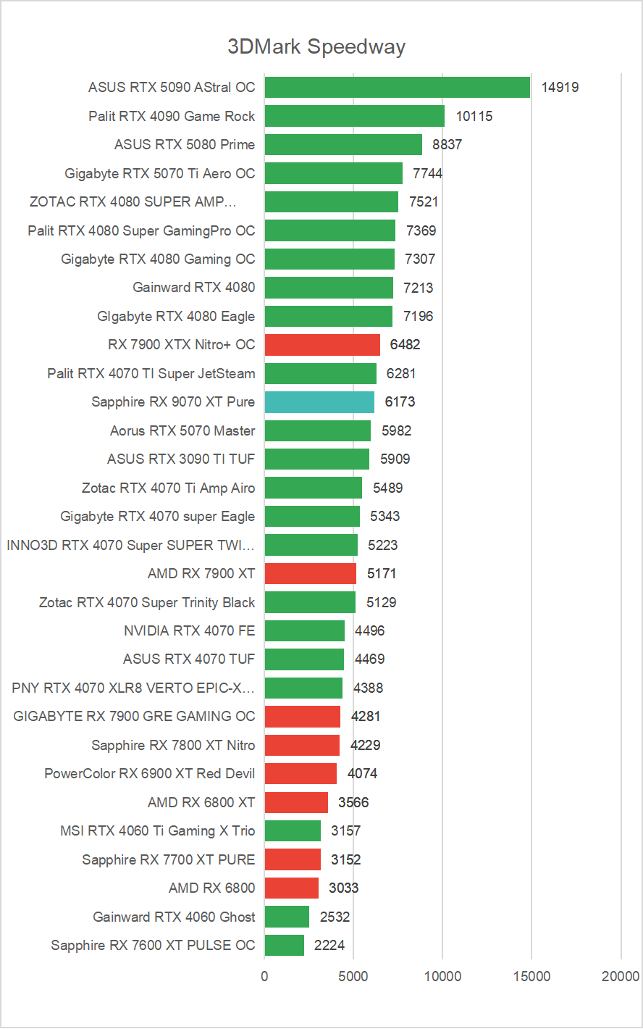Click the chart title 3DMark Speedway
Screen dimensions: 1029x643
point(316,47)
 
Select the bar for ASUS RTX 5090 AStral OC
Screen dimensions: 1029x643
point(397,88)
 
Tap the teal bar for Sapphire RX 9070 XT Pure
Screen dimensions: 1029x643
point(319,402)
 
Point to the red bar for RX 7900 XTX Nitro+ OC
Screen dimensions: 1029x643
point(322,345)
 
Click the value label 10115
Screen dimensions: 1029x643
point(474,116)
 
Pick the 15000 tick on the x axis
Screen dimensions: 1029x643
point(532,977)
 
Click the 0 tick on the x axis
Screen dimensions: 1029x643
point(265,977)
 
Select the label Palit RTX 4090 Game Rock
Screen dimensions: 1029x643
point(172,116)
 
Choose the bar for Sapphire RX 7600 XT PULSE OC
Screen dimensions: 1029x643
point(285,946)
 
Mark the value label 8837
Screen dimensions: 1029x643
point(447,145)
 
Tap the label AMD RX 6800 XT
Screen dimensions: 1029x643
point(201,802)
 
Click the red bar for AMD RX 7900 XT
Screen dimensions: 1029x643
point(311,574)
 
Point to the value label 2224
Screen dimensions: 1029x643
point(329,946)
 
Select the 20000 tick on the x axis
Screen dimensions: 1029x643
point(621,977)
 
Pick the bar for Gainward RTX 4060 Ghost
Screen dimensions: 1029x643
point(287,917)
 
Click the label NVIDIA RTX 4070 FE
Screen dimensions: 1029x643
point(190,631)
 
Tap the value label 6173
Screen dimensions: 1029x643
point(400,402)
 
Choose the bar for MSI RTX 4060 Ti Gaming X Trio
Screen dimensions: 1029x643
point(293,831)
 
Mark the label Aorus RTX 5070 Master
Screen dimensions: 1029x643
point(182,431)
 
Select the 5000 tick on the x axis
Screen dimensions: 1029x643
point(353,977)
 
